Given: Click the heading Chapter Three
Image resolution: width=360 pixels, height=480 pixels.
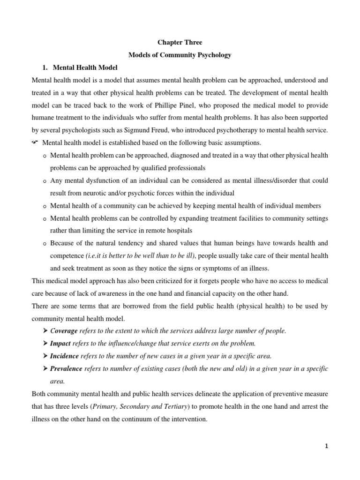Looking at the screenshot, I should click(x=180, y=43).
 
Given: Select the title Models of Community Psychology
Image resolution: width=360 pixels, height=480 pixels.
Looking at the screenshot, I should click(x=180, y=55).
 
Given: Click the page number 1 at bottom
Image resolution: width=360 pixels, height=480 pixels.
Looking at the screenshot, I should click(x=327, y=446).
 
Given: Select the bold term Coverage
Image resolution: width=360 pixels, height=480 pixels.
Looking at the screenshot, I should click(x=64, y=331).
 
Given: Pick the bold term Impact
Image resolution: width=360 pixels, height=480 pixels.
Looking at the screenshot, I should click(x=61, y=344).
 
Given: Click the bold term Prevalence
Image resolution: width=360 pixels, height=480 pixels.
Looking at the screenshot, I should click(x=66, y=369).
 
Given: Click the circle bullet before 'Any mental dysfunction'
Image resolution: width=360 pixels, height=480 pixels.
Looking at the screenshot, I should click(x=44, y=181).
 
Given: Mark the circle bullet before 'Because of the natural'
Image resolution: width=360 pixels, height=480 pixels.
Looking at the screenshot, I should click(x=44, y=244).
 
